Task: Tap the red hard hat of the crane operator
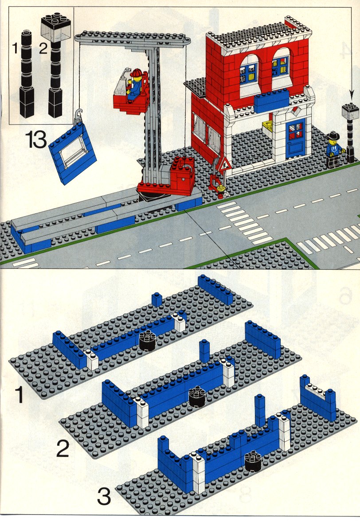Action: [x=137, y=73]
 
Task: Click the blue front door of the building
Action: [x=295, y=138]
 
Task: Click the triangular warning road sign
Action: [x=223, y=165]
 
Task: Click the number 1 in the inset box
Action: [x=15, y=49]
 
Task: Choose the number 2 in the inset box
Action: [x=43, y=49]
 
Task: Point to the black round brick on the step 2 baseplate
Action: [x=197, y=397]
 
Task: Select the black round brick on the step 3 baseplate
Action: [x=253, y=461]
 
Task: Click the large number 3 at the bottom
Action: [x=104, y=496]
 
